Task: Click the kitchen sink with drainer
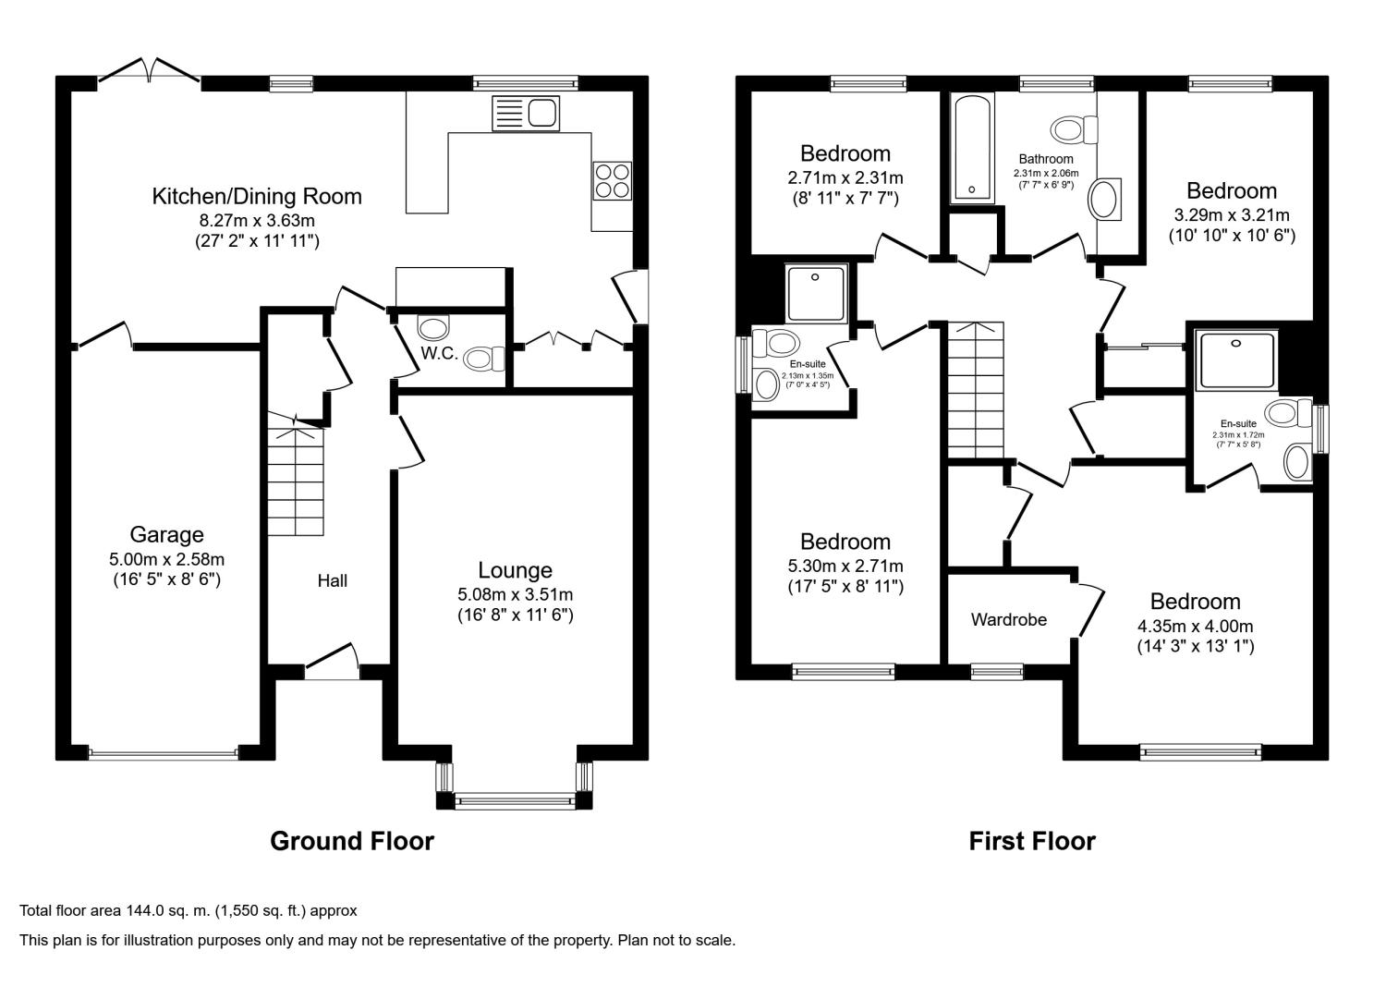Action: pyautogui.click(x=526, y=114)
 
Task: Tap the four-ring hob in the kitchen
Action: pyautogui.click(x=612, y=181)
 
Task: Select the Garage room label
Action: pyautogui.click(x=166, y=534)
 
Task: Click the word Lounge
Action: pyautogui.click(x=515, y=569)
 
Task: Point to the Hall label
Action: pyautogui.click(x=333, y=580)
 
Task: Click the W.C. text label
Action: pyautogui.click(x=439, y=353)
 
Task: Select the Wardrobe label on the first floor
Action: pyautogui.click(x=1009, y=619)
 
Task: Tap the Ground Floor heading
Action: pyautogui.click(x=352, y=841)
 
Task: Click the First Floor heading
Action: pyautogui.click(x=1032, y=841)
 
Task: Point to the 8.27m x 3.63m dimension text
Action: pyautogui.click(x=257, y=220)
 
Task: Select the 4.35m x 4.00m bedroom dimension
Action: pyautogui.click(x=1196, y=627)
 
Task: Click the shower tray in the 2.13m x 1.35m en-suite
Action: pyautogui.click(x=816, y=293)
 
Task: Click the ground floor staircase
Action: pyautogui.click(x=296, y=474)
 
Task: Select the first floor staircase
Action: pyautogui.click(x=976, y=390)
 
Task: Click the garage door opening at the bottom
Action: pyautogui.click(x=164, y=754)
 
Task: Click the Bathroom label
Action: pyautogui.click(x=1046, y=159)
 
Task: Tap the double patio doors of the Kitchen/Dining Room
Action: pyautogui.click(x=149, y=70)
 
